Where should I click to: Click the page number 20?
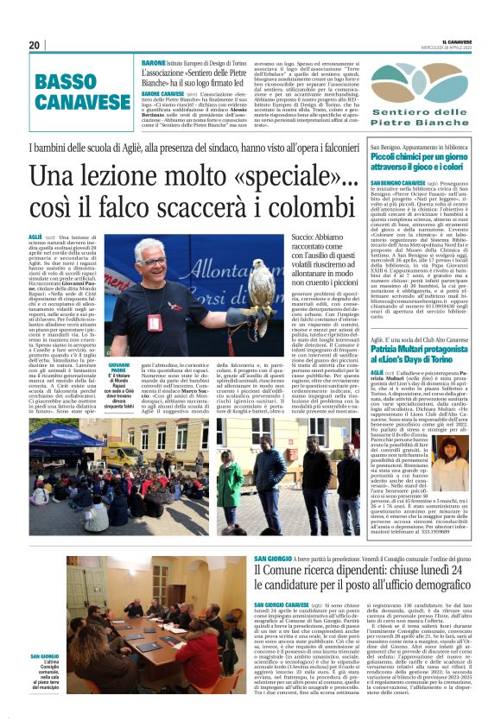[x=35, y=45]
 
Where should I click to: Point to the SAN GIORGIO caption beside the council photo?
[x=47, y=657]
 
